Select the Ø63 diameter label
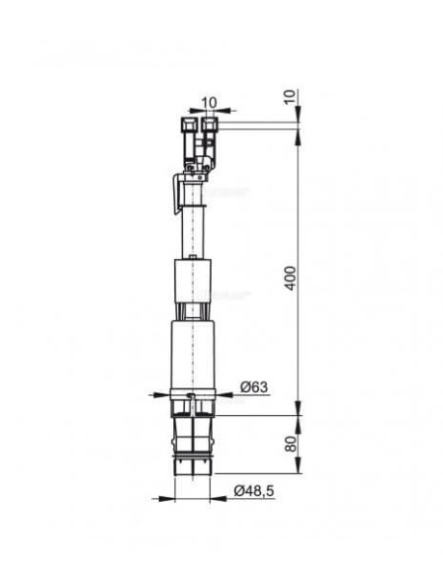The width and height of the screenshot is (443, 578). click(x=253, y=387)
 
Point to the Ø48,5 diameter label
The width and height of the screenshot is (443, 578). click(x=253, y=491)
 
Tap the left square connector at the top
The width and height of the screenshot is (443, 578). click(x=189, y=124)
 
